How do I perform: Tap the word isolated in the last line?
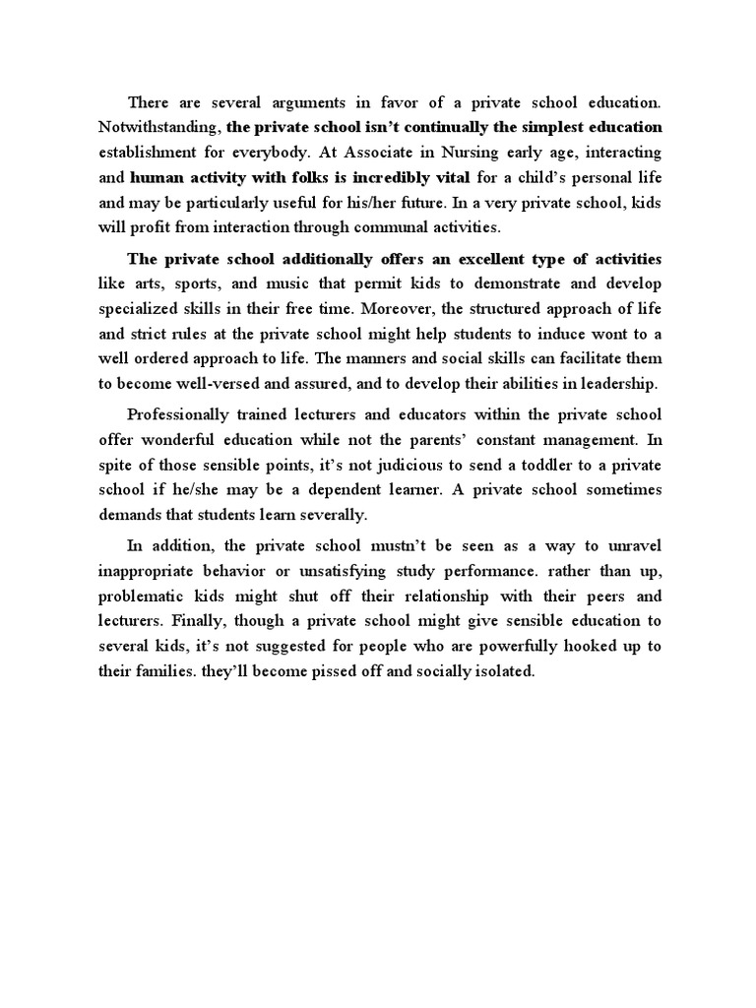pyautogui.click(x=502, y=673)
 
